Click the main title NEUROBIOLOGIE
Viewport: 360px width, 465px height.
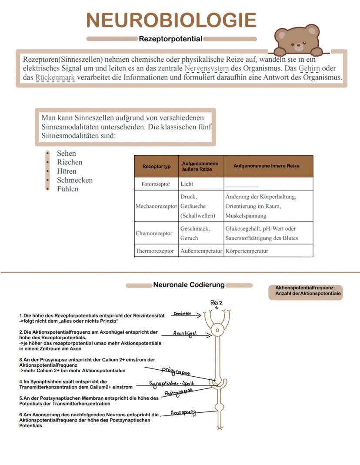(171, 20)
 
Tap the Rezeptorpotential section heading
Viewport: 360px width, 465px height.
(170, 39)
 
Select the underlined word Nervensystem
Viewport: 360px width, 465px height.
(206, 69)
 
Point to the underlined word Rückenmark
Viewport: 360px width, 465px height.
(55, 78)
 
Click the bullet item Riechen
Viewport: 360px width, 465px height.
(70, 162)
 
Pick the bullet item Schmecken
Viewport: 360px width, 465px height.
(75, 180)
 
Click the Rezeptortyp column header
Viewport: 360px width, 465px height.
(157, 166)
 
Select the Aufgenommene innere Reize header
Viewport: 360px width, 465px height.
(266, 166)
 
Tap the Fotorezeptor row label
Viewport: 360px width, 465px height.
(156, 184)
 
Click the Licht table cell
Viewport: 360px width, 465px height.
(187, 184)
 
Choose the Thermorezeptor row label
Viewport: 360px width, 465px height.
(155, 251)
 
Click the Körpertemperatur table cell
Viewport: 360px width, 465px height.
(247, 251)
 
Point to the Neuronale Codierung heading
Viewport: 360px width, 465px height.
(189, 285)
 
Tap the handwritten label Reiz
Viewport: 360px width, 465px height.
(216, 302)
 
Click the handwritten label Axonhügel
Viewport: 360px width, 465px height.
(185, 334)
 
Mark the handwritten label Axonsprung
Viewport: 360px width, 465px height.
(183, 412)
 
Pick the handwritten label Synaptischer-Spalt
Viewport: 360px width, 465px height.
(171, 384)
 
